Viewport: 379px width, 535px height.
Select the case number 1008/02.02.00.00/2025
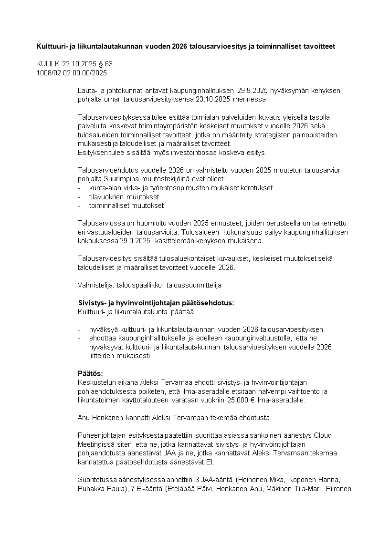tap(72, 73)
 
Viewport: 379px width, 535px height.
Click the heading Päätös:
tap(90, 373)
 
